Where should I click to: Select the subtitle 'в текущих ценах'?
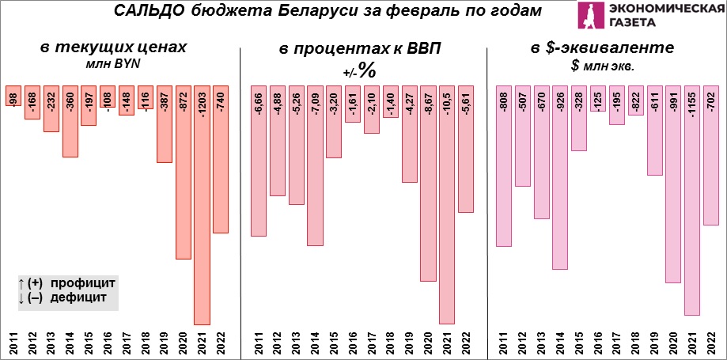[114, 48]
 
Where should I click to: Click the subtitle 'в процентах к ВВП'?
[360, 50]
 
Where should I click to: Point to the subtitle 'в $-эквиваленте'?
[603, 48]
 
